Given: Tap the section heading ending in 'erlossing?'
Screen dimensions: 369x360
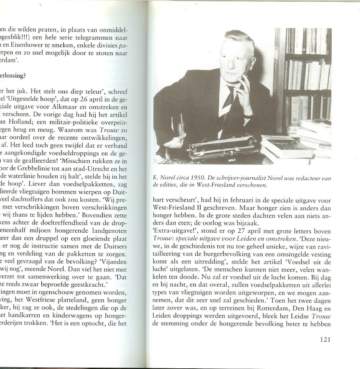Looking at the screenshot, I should coord(14,76).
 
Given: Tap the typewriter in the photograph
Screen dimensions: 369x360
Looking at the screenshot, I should coord(220,147).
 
